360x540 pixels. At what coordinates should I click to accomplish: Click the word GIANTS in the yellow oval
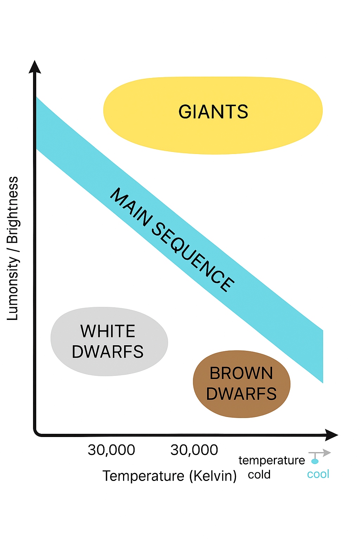coord(213,112)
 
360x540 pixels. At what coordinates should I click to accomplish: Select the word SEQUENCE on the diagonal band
coord(193,257)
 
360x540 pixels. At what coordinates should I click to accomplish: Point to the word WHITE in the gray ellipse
coord(108,331)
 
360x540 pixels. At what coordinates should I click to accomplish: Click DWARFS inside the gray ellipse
coord(108,352)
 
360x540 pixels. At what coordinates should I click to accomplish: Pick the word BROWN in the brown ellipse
coord(241,373)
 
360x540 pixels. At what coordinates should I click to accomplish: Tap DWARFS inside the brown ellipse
coord(241,394)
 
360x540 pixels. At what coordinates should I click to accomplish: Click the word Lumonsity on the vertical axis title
coord(13,288)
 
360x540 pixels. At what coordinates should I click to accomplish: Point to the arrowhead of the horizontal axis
coord(331,435)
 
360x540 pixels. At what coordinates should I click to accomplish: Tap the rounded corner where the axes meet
coord(36,433)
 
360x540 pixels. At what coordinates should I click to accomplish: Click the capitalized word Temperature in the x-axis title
coord(143,476)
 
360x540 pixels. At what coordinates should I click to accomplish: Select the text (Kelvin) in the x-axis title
coord(213,476)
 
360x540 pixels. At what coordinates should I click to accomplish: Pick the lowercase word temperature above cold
coord(271,460)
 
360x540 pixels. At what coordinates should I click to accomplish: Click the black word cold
coord(259,475)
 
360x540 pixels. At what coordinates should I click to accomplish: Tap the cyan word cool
coord(318,474)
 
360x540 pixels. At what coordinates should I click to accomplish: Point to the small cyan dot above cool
coord(315,461)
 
